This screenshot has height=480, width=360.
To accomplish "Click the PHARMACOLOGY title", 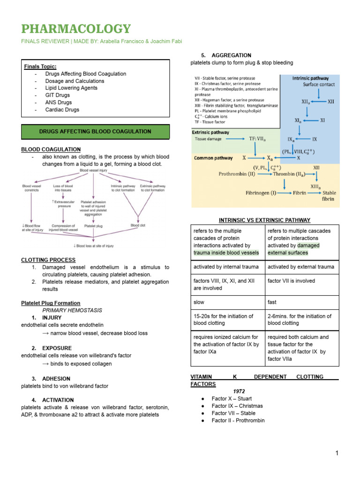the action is (76, 29).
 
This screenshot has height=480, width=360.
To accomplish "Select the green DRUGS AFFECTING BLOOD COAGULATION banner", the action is (95, 131).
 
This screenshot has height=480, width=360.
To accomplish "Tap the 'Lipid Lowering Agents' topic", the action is (71, 88).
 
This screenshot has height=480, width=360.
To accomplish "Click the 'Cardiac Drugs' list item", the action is (62, 110).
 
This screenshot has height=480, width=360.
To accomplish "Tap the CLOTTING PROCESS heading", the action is (48, 260).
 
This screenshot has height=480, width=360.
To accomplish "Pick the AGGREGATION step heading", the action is (231, 55).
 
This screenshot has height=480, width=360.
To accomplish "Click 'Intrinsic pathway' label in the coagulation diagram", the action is (310, 78).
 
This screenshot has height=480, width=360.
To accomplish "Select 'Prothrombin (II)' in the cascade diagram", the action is (236, 174).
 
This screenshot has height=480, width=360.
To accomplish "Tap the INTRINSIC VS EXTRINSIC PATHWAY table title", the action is (264, 220).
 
